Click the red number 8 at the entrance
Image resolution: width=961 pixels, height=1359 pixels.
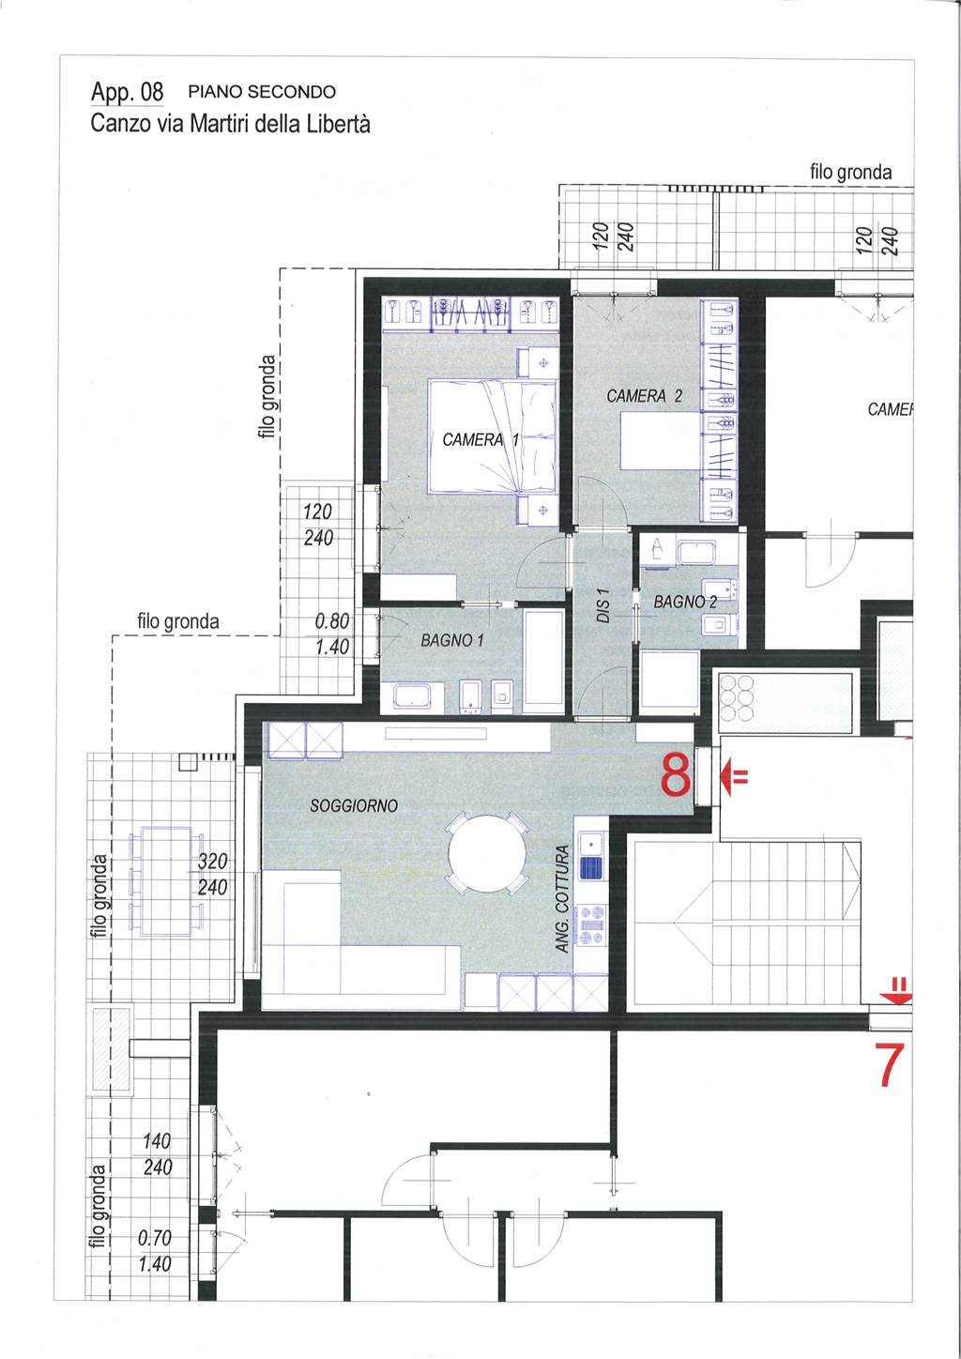click(x=676, y=774)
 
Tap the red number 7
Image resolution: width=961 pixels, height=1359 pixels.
click(x=892, y=1064)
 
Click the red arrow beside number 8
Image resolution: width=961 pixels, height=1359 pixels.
click(x=734, y=775)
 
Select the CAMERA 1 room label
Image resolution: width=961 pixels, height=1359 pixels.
click(x=480, y=439)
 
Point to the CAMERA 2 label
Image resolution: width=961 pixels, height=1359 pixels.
click(x=644, y=396)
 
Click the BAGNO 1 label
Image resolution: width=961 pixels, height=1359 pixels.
click(x=452, y=640)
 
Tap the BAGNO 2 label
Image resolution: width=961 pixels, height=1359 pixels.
click(x=685, y=602)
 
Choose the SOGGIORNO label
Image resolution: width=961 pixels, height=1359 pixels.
click(x=354, y=805)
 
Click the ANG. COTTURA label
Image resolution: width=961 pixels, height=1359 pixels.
click(x=562, y=899)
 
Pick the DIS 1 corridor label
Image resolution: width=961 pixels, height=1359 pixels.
click(x=603, y=604)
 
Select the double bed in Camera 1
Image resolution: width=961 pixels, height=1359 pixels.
click(x=493, y=435)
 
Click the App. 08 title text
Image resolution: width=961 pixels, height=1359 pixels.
click(x=128, y=92)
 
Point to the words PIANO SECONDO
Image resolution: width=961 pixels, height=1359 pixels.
click(x=262, y=92)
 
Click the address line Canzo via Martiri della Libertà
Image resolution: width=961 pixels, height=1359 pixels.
click(x=230, y=124)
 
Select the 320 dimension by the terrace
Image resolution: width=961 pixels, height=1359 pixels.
click(x=213, y=861)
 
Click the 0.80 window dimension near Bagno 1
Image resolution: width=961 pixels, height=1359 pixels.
click(x=332, y=621)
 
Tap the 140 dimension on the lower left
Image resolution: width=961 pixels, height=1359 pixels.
click(x=157, y=1141)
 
